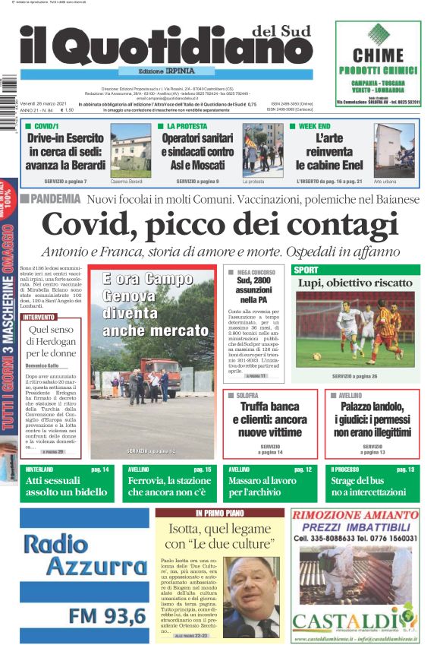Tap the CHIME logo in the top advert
378,55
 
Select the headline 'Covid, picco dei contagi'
219,226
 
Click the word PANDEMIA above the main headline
55,199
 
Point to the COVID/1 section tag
46,126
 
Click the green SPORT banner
355,270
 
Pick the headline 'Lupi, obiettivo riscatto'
355,283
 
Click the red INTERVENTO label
39,317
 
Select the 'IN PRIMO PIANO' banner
219,514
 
